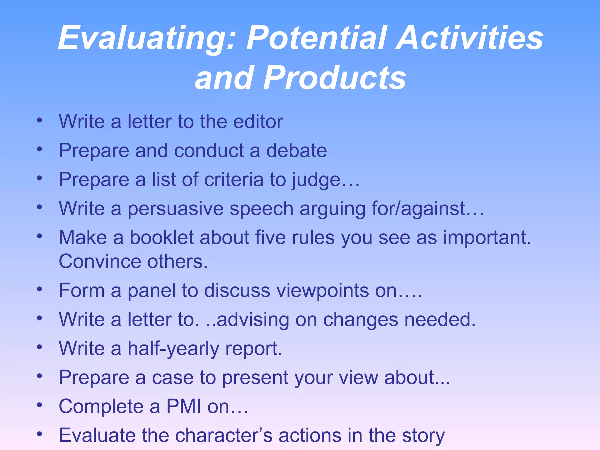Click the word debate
(296, 151)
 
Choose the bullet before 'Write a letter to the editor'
(40, 120)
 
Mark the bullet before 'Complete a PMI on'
(40, 405)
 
